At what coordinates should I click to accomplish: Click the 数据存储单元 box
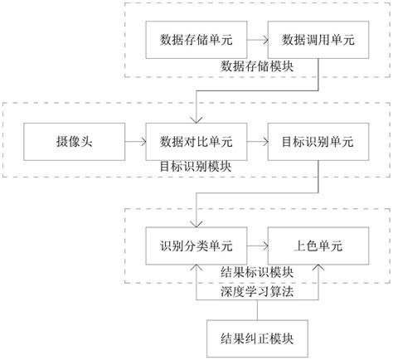tap(196, 39)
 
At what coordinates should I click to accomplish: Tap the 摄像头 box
tap(74, 142)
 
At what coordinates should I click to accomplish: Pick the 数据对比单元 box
tap(196, 142)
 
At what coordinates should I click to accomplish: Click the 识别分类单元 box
tap(196, 246)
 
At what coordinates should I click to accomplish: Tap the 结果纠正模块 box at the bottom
tap(258, 338)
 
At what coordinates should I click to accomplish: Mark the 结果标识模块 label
tap(258, 272)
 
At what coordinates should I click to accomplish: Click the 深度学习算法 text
tap(258, 291)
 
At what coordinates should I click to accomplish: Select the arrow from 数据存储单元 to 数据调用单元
tap(255, 39)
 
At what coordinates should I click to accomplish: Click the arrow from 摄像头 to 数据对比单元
tap(134, 142)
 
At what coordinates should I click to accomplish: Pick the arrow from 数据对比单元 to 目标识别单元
tap(255, 142)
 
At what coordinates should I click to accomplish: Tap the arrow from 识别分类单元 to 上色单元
tap(255, 246)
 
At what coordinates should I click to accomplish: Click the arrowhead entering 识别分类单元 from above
tap(196, 222)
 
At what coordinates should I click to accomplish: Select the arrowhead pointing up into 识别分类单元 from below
tap(196, 270)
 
